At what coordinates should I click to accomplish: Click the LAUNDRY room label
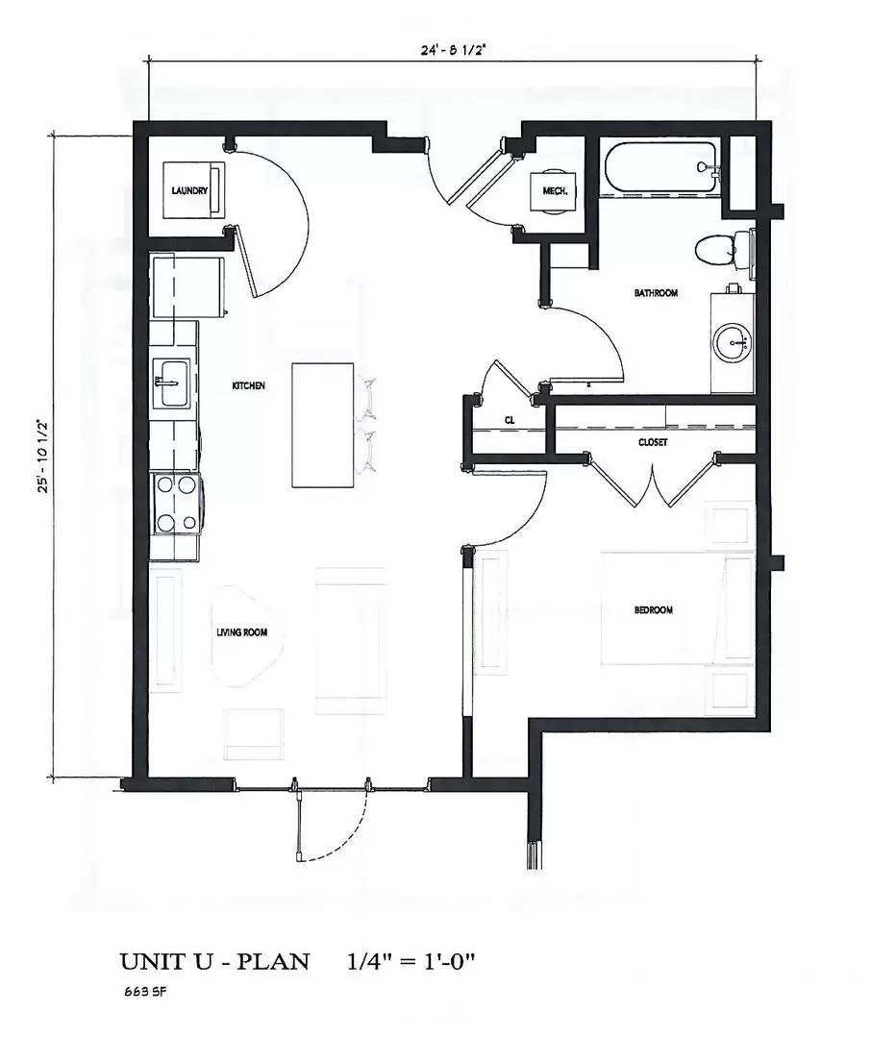[x=189, y=191]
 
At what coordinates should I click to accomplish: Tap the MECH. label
[x=555, y=191]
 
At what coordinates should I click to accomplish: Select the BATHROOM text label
[x=656, y=293]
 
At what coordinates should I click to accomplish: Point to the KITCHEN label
[x=248, y=385]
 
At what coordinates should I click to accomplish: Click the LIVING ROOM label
[x=241, y=632]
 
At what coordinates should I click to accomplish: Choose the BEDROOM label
[x=653, y=610]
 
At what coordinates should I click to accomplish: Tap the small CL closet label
[x=510, y=421]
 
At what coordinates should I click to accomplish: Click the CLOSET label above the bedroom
[x=653, y=443]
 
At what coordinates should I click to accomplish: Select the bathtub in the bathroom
[x=659, y=169]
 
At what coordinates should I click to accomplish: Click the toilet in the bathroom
[x=717, y=251]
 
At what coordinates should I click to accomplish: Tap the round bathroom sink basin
[x=733, y=341]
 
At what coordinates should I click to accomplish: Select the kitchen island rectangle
[x=323, y=424]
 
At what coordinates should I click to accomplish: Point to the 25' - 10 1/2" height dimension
[x=42, y=456]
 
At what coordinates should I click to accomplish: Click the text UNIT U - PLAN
[x=214, y=962]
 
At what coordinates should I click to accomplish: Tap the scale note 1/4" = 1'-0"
[x=411, y=962]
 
